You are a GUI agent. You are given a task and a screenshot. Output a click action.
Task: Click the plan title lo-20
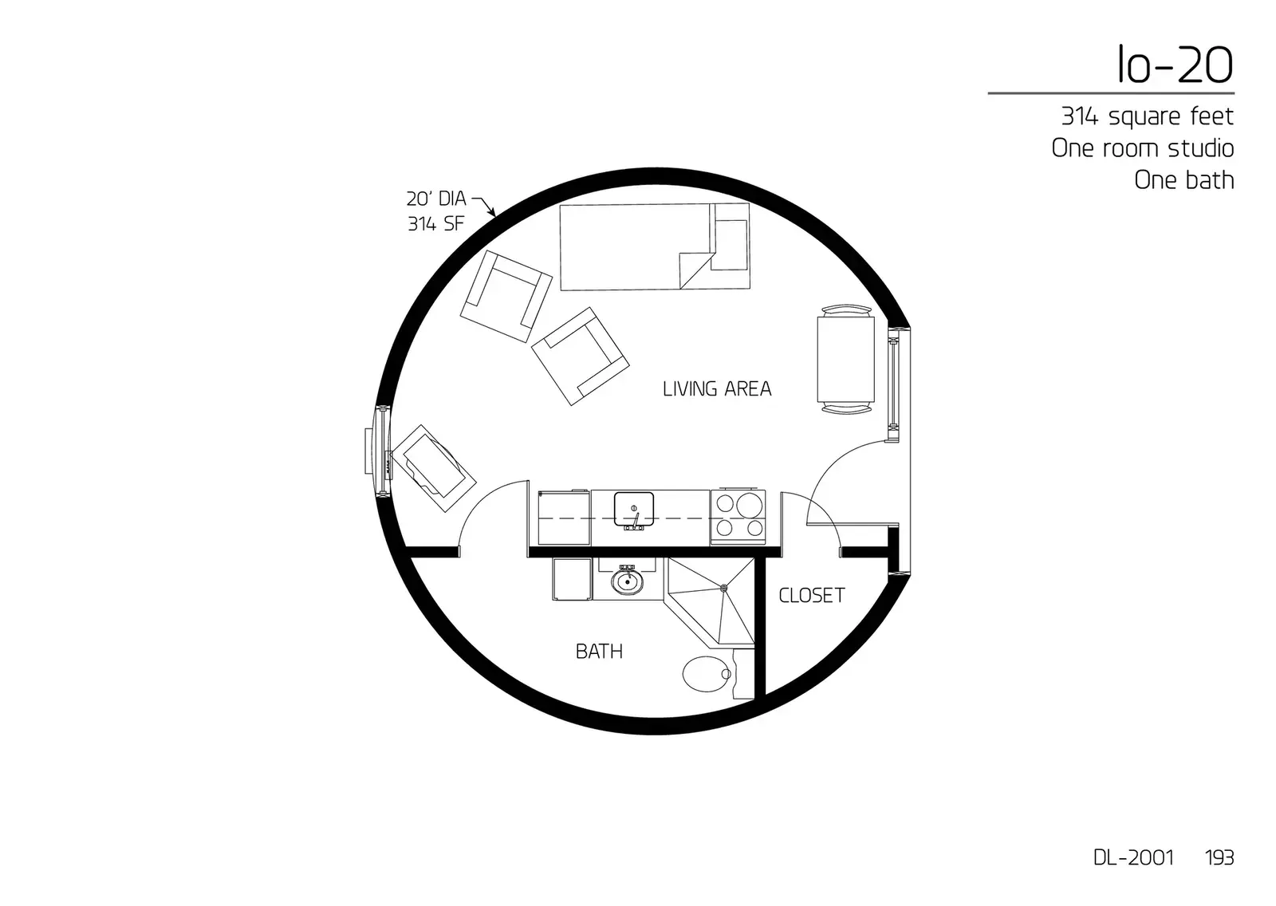point(1174,65)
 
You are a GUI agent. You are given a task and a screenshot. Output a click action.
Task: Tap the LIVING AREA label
point(716,389)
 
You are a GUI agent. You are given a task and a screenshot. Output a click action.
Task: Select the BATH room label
point(599,652)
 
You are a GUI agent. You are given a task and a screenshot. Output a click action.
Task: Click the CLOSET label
point(811,596)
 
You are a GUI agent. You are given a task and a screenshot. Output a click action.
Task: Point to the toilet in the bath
point(706,675)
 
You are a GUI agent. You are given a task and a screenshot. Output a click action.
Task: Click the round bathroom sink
point(628,582)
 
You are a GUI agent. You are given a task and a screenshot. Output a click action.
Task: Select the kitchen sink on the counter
point(634,508)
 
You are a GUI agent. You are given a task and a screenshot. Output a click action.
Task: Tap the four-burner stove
point(738,516)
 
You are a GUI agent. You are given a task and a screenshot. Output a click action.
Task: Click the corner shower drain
point(724,589)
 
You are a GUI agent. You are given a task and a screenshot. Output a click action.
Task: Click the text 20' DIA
point(435,199)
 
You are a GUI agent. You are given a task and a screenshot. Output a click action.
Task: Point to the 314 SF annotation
point(435,224)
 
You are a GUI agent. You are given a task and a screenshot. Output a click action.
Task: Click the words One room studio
point(1142,148)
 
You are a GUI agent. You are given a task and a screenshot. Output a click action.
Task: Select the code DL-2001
point(1133,857)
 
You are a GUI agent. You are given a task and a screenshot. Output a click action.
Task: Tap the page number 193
point(1219,857)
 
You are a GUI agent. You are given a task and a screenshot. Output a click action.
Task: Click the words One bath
point(1183,180)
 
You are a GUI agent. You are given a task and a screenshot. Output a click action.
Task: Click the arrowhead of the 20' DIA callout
point(493,213)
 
